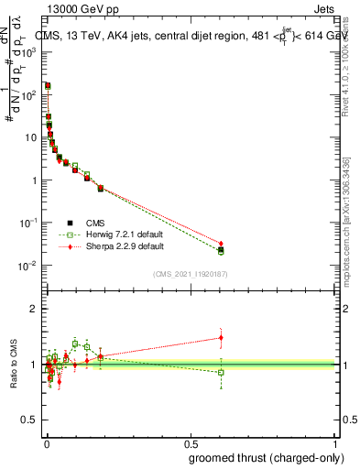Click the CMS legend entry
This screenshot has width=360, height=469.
(x=94, y=222)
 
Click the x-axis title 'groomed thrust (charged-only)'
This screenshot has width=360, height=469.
(x=266, y=457)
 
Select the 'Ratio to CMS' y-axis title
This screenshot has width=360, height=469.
(x=14, y=365)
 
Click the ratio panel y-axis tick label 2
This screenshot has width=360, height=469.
(x=34, y=309)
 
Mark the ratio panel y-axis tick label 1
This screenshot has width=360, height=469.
(x=34, y=365)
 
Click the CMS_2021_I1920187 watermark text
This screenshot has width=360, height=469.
(x=191, y=274)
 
